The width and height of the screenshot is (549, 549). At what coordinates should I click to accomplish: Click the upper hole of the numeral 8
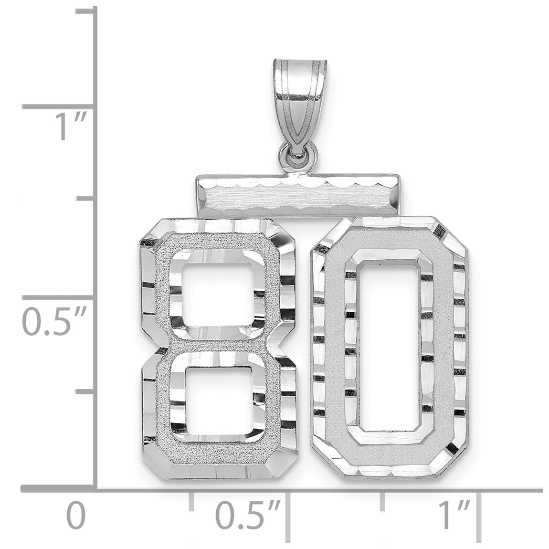click(x=219, y=294)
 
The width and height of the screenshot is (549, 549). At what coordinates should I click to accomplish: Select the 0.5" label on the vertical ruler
click(x=54, y=321)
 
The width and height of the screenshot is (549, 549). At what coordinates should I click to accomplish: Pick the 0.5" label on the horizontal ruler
click(x=248, y=516)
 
